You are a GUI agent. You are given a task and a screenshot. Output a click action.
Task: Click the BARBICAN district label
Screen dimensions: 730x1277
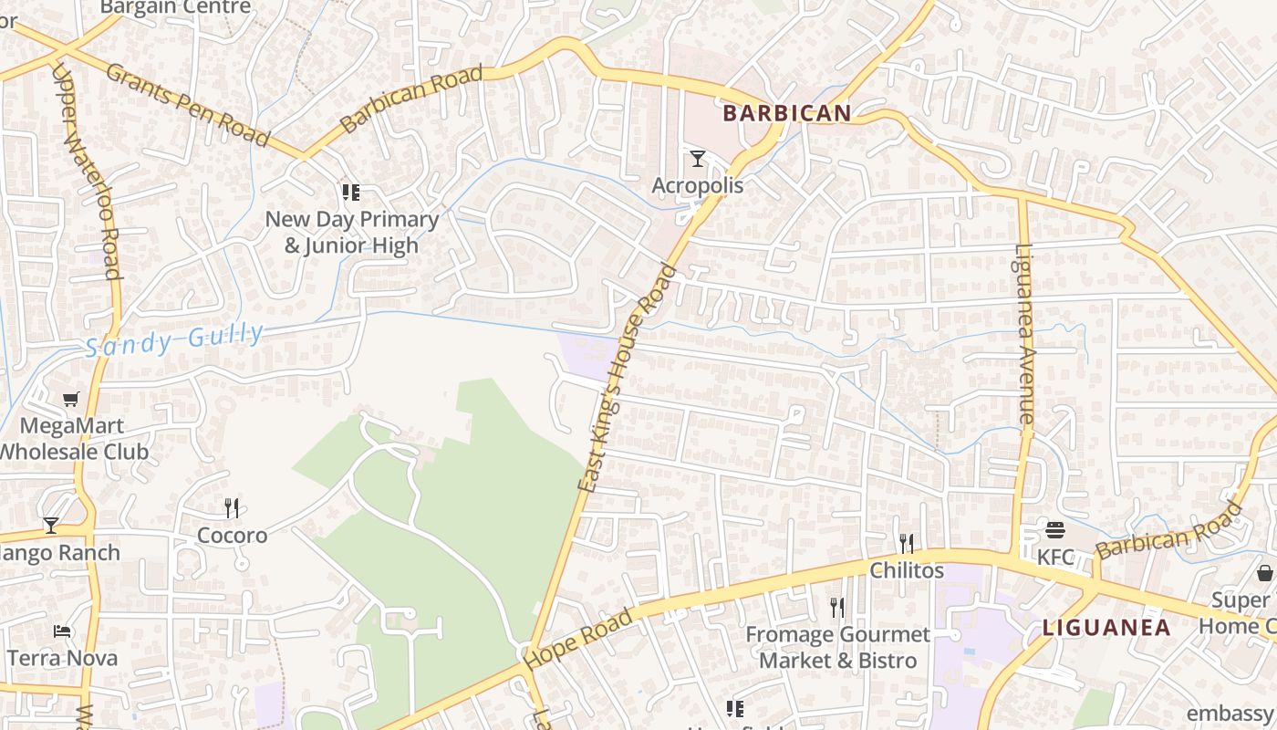pyautogui.click(x=787, y=113)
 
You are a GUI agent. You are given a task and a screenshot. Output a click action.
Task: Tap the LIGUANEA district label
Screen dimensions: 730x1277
pyautogui.click(x=1106, y=628)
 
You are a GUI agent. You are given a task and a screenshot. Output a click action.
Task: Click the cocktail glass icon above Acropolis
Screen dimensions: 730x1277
pyautogui.click(x=698, y=159)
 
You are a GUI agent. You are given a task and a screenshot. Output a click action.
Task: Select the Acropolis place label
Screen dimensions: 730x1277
pyautogui.click(x=698, y=185)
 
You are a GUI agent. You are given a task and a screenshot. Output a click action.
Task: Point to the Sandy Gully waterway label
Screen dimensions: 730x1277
pyautogui.click(x=174, y=340)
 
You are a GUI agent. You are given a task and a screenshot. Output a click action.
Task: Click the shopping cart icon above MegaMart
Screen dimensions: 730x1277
pyautogui.click(x=71, y=399)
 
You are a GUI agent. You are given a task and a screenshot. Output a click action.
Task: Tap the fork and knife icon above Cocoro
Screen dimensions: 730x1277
pyautogui.click(x=232, y=507)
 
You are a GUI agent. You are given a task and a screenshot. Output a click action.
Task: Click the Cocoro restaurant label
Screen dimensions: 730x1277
pyautogui.click(x=233, y=536)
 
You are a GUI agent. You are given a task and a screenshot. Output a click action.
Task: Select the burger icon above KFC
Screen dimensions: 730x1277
pyautogui.click(x=1055, y=529)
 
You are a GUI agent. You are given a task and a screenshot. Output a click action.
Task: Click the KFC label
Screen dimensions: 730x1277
pyautogui.click(x=1055, y=556)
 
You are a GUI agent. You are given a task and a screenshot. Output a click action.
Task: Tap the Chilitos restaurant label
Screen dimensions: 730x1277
pyautogui.click(x=907, y=570)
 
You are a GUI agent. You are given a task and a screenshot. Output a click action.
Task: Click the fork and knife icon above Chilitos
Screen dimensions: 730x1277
pyautogui.click(x=906, y=543)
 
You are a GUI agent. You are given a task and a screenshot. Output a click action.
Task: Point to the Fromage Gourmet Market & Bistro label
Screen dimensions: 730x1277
pyautogui.click(x=837, y=647)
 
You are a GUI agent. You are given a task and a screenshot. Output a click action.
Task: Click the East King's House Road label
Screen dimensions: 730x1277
pyautogui.click(x=628, y=379)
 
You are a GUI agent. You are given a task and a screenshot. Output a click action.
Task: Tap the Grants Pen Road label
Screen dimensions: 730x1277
pyautogui.click(x=188, y=104)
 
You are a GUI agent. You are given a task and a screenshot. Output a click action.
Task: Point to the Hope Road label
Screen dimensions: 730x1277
pyautogui.click(x=579, y=639)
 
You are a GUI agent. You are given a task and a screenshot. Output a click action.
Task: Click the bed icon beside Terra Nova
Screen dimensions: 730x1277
pyautogui.click(x=62, y=631)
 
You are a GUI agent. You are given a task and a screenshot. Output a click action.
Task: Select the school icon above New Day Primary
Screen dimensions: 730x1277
pyautogui.click(x=351, y=193)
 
